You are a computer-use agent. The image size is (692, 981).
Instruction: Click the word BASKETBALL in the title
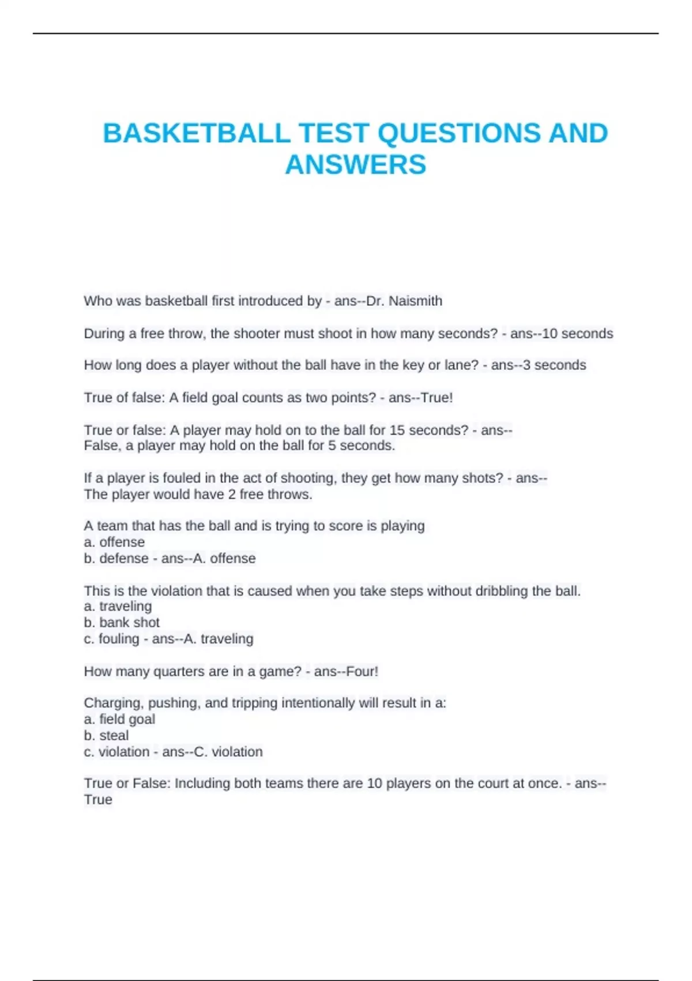197,133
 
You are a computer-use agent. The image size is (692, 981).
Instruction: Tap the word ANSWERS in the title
355,165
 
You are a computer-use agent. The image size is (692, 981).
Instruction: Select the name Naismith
415,301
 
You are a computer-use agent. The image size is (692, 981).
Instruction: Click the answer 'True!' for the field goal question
437,398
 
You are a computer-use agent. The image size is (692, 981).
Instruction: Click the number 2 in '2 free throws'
231,495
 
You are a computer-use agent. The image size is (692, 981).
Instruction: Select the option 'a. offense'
114,542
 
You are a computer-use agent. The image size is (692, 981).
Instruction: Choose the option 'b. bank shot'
122,623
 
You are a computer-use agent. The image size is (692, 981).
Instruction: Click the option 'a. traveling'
118,606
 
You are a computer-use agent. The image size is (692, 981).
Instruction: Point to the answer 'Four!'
362,672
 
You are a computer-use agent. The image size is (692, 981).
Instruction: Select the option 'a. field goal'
119,720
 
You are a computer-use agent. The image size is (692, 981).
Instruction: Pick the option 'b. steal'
106,736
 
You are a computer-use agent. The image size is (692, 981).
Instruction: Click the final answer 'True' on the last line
98,800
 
